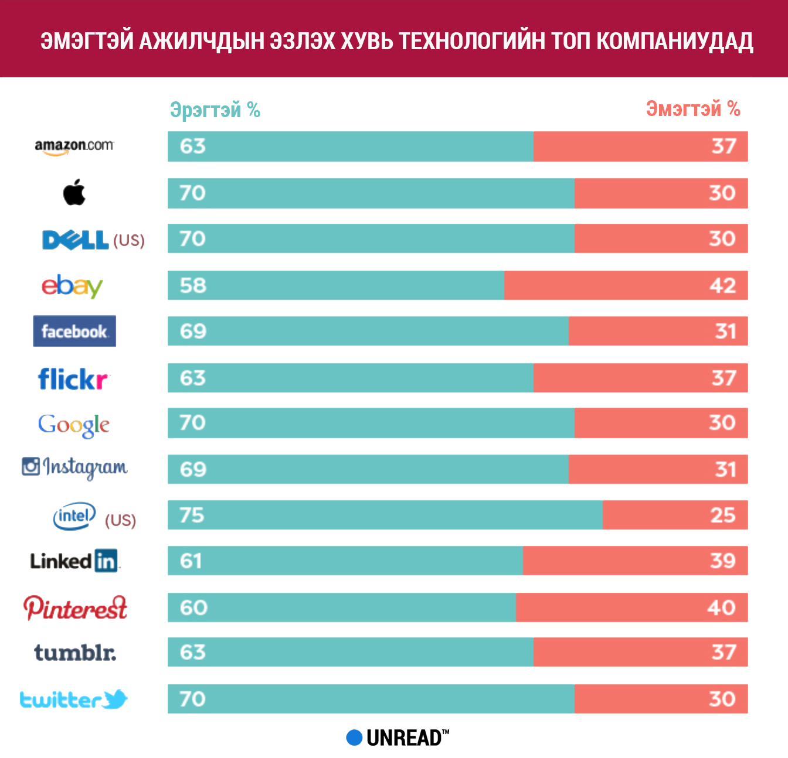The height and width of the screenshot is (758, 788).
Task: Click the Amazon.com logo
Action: click(74, 146)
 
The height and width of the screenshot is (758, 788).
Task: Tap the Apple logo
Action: click(74, 193)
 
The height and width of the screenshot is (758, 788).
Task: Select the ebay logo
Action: click(72, 286)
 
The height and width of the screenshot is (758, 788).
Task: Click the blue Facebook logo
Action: click(74, 332)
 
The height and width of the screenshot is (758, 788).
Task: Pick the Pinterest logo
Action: click(75, 608)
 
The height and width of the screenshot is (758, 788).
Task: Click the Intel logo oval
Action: click(74, 516)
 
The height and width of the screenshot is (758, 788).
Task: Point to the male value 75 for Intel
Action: click(192, 515)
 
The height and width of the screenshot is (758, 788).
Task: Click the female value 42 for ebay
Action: click(722, 285)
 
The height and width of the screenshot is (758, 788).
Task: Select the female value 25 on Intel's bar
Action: click(722, 515)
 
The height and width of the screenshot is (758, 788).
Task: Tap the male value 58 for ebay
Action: click(193, 285)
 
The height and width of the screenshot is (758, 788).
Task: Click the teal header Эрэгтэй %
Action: click(215, 110)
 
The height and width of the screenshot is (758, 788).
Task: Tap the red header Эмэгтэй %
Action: click(693, 108)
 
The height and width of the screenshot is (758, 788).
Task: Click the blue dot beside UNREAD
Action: click(354, 737)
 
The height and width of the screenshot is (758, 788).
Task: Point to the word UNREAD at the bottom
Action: click(405, 738)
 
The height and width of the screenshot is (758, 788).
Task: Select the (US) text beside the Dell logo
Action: click(128, 240)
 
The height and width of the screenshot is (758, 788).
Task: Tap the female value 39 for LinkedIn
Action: click(722, 561)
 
